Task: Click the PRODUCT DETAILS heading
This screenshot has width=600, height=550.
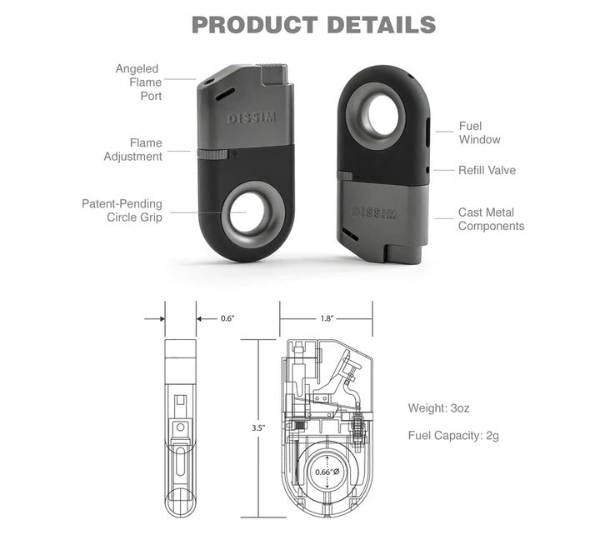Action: tap(313, 24)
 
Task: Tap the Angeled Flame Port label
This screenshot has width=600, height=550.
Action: tap(138, 82)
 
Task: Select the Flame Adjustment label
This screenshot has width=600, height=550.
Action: tap(133, 150)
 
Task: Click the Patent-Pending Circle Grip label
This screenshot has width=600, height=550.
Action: tap(122, 210)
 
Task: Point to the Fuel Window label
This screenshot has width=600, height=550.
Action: tap(479, 133)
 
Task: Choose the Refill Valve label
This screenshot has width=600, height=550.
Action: tap(487, 170)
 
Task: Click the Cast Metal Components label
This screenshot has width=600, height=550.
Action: tap(491, 219)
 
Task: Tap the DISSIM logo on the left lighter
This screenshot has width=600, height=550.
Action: tap(252, 119)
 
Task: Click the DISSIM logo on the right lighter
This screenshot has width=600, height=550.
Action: tap(375, 212)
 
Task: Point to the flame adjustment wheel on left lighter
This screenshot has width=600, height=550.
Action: tap(215, 153)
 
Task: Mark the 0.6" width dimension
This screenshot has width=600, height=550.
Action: tap(227, 318)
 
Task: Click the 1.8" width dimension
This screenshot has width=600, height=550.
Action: tap(326, 318)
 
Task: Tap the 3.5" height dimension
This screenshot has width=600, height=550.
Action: tap(258, 427)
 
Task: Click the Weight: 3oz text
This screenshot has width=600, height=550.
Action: tap(438, 408)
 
